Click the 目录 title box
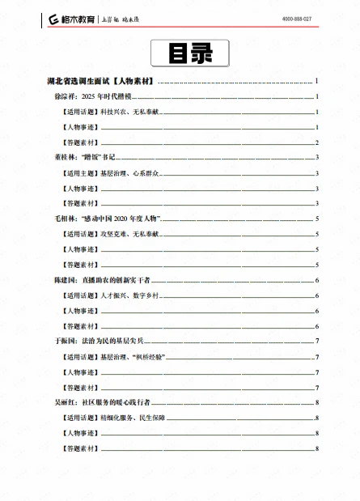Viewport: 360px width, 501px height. tap(190, 54)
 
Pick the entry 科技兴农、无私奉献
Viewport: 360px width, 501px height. tap(109, 113)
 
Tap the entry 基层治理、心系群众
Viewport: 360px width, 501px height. tap(109, 173)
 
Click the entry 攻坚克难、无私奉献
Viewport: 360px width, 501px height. tap(109, 234)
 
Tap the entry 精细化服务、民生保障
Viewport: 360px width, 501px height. tap(113, 417)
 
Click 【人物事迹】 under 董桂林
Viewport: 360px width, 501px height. tap(79, 188)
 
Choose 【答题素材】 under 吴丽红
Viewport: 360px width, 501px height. tap(79, 448)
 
